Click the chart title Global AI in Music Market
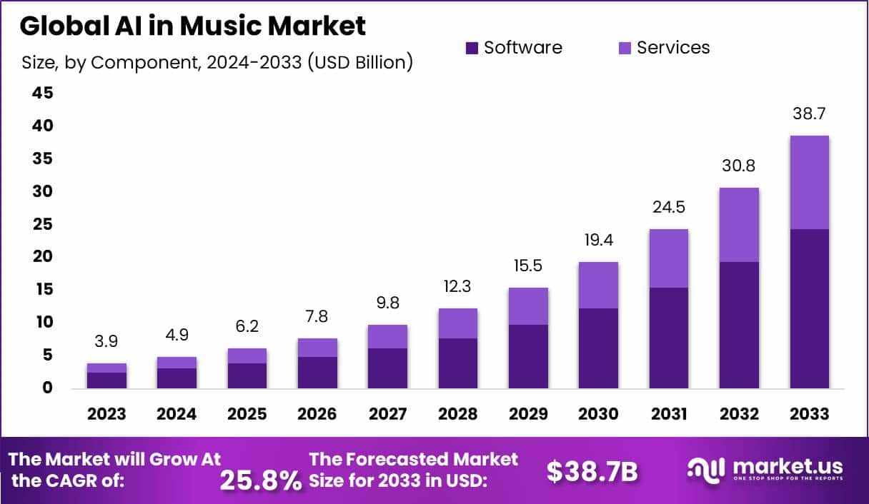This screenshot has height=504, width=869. pyautogui.click(x=192, y=26)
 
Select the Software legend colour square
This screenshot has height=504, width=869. pyautogui.click(x=472, y=48)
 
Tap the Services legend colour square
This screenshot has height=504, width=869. pyautogui.click(x=625, y=48)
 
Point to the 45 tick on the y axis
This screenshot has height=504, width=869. pyautogui.click(x=42, y=93)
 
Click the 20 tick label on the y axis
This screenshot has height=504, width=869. pyautogui.click(x=42, y=256)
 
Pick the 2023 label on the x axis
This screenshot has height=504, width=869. pyautogui.click(x=106, y=414)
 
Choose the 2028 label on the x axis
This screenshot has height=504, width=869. pyautogui.click(x=457, y=414)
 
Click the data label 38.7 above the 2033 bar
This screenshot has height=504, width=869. pyautogui.click(x=809, y=114)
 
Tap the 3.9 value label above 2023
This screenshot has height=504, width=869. pyautogui.click(x=106, y=341)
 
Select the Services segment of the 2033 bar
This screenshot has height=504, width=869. pyautogui.click(x=809, y=182)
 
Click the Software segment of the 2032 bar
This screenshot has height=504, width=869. pyautogui.click(x=739, y=325)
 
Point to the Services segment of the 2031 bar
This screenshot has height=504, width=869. pyautogui.click(x=668, y=258)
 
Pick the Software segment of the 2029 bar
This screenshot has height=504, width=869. pyautogui.click(x=528, y=356)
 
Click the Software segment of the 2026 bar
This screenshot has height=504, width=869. pyautogui.click(x=317, y=372)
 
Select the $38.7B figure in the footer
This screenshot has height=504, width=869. pyautogui.click(x=592, y=470)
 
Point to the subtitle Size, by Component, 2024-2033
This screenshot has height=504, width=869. pyautogui.click(x=217, y=63)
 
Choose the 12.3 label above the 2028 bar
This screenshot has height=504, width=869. pyautogui.click(x=457, y=286)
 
